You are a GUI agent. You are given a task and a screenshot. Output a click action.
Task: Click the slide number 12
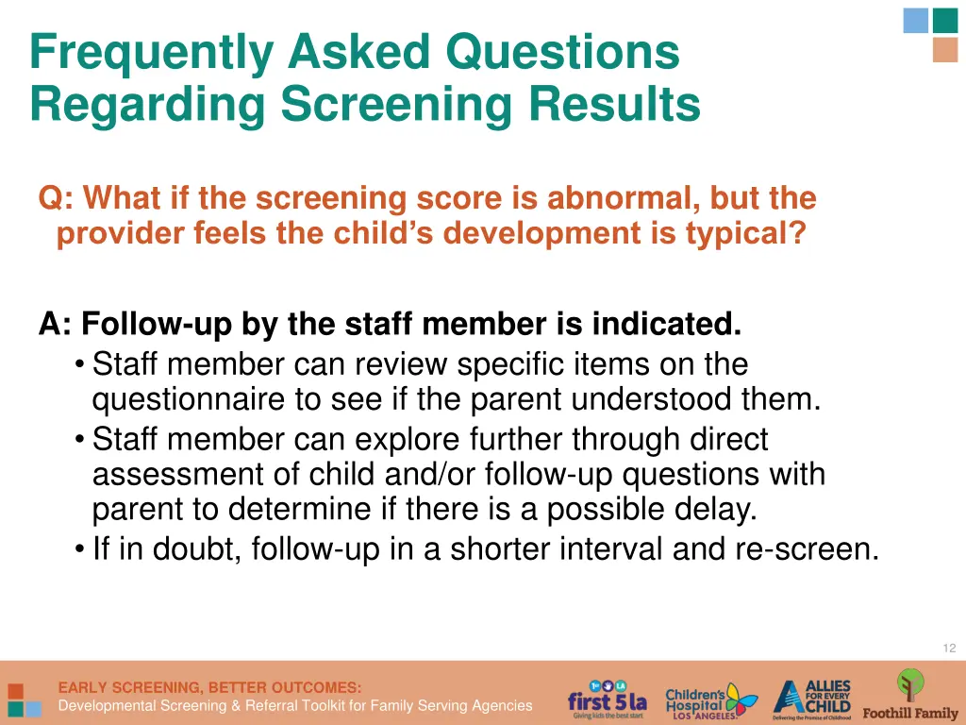tap(949, 648)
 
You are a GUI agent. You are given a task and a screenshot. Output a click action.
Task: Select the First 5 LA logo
tap(607, 700)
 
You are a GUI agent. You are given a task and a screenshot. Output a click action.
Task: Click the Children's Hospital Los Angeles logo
tap(710, 700)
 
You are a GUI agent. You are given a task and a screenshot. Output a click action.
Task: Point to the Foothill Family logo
tap(909, 696)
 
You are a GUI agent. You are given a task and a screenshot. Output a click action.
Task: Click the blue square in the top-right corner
tap(915, 21)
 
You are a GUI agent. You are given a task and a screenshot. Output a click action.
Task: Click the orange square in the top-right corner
tap(944, 50)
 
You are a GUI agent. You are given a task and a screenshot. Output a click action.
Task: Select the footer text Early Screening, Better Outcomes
tap(209, 687)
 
